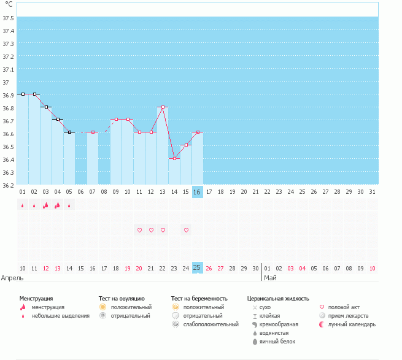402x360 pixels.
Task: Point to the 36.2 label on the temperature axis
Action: click(x=8, y=185)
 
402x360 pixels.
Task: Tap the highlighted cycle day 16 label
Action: click(x=197, y=192)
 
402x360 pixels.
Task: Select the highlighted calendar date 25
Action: click(x=197, y=268)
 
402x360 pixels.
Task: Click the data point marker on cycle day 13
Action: click(x=163, y=107)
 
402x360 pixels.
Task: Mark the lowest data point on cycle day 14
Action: click(x=174, y=158)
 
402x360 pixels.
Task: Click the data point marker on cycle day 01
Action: click(x=23, y=94)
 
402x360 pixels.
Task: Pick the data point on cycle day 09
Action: click(x=116, y=120)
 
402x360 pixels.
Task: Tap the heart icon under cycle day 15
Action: click(x=186, y=230)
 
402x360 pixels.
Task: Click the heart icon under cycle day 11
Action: click(x=139, y=230)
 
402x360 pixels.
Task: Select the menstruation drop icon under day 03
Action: click(x=45, y=205)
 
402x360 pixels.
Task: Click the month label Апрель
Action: click(x=13, y=278)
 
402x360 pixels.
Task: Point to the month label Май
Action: click(x=270, y=278)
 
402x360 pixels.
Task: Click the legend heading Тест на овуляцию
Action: click(x=122, y=298)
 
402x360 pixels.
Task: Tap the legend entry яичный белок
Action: click(x=277, y=341)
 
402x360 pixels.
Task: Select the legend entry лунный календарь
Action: click(x=352, y=324)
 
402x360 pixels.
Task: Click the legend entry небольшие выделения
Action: click(x=60, y=316)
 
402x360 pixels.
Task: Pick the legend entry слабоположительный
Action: click(x=211, y=324)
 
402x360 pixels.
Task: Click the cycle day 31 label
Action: click(x=372, y=192)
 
